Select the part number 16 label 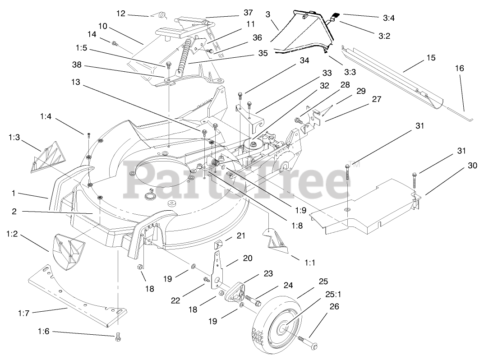pos(459,69)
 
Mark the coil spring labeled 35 pos(183,59)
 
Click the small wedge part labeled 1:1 pos(276,239)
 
